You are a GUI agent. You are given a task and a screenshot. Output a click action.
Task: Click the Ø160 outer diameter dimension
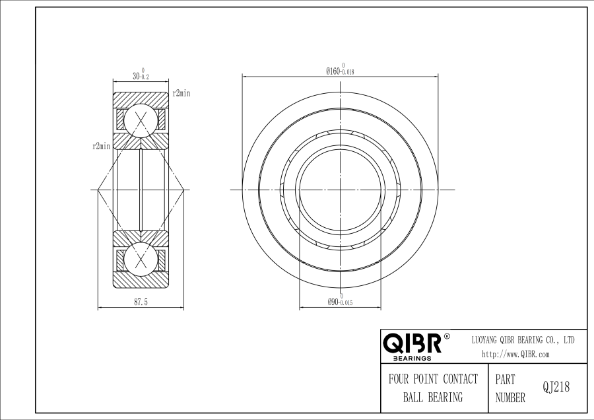[x=340, y=69]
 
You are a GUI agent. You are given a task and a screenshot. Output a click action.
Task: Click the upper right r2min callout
[x=181, y=94]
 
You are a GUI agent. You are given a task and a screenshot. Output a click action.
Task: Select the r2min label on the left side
[x=101, y=146]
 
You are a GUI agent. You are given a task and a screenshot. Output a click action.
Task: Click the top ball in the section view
[x=141, y=120]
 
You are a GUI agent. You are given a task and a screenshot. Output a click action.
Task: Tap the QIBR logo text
[x=412, y=344]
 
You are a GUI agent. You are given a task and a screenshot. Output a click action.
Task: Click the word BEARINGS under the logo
[x=412, y=359]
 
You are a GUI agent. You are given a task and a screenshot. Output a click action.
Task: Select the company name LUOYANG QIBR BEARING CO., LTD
[x=522, y=339]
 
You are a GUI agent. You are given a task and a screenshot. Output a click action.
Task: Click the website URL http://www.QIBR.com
[x=515, y=354]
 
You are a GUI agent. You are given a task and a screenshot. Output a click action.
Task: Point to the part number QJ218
[x=556, y=388]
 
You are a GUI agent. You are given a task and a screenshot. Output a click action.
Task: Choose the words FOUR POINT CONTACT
[x=433, y=379]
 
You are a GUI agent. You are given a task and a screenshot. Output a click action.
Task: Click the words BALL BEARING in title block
[x=433, y=398]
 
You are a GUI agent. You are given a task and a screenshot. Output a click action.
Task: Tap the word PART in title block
[x=505, y=380]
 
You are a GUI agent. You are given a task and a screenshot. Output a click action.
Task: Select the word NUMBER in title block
[x=510, y=398]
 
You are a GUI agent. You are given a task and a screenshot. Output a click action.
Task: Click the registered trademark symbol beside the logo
[x=447, y=336]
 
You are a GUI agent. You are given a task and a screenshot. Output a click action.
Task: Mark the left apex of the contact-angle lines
[x=98, y=190]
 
